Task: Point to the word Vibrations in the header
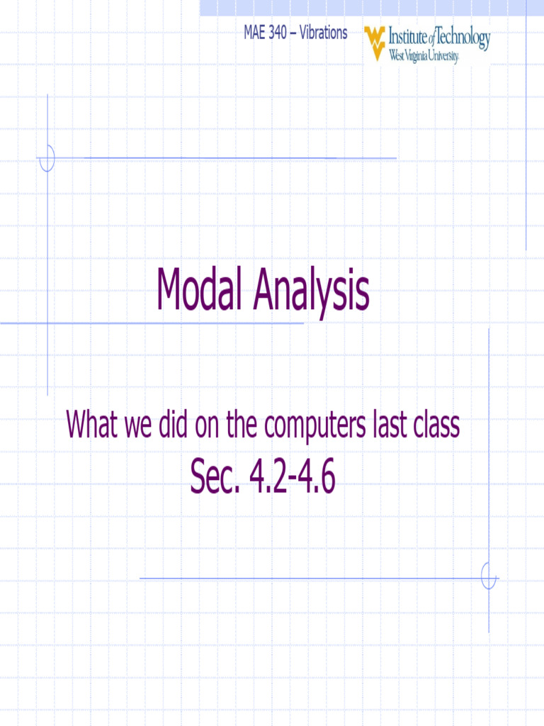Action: coord(324,33)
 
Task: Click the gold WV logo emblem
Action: coord(375,43)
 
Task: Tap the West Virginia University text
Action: coord(424,56)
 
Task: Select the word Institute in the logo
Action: coord(409,37)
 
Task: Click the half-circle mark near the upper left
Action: coord(47,157)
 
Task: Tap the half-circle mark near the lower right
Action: coord(488,576)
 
